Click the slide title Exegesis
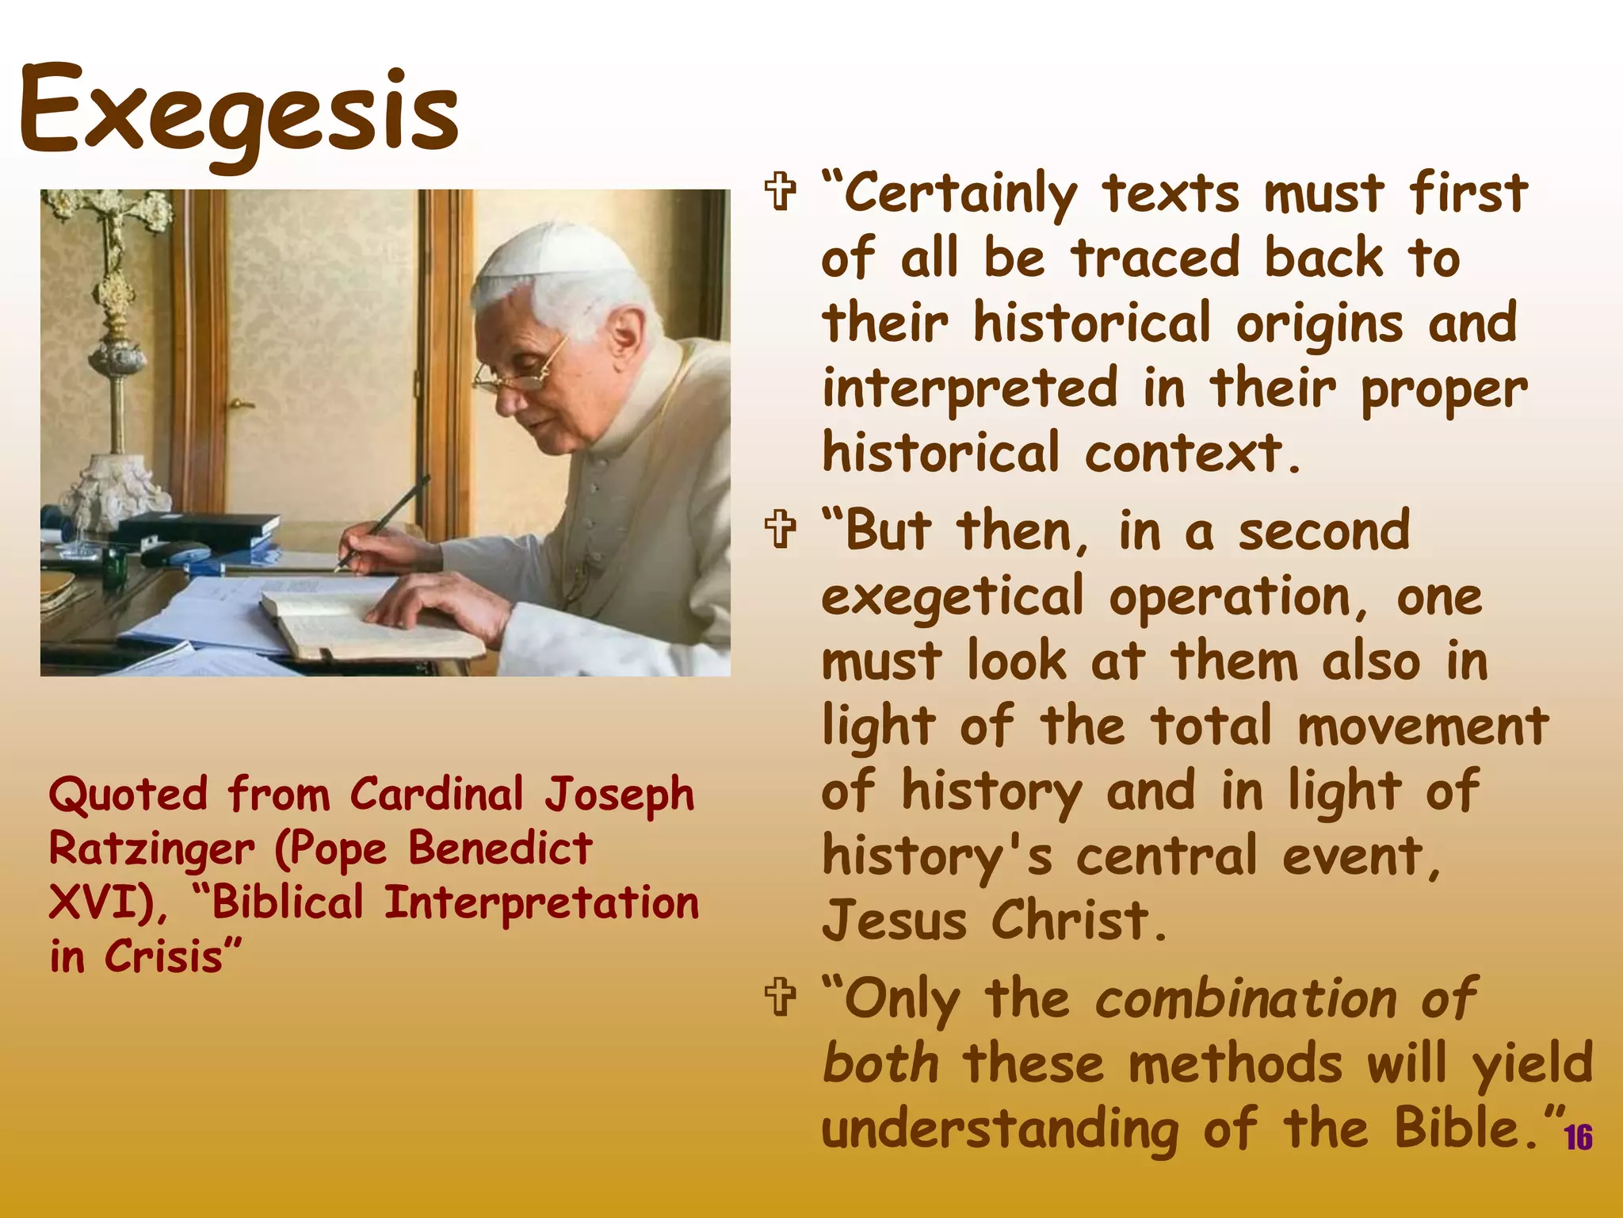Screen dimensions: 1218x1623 [238, 111]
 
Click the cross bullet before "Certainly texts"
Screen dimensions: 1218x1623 [781, 192]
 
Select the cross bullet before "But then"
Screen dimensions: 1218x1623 [781, 530]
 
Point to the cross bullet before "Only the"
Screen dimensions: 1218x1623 [781, 997]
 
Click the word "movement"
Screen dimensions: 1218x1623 [1423, 726]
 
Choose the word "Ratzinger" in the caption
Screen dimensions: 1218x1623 [151, 849]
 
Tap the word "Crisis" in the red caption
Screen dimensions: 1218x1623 [163, 957]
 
